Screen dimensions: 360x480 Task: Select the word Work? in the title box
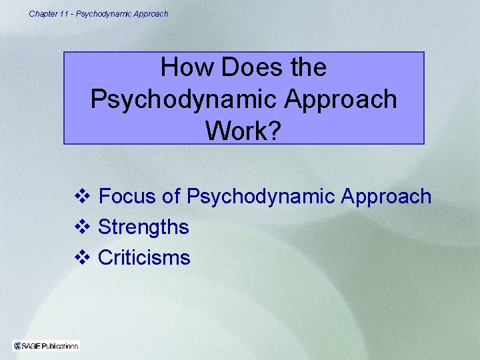(x=244, y=131)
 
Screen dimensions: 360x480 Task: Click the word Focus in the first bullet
(x=127, y=197)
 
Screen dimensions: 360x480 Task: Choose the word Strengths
(x=143, y=227)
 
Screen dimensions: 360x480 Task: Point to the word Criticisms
(x=144, y=258)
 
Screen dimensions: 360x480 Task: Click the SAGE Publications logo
(x=46, y=345)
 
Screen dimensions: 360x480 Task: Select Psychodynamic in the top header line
(x=105, y=13)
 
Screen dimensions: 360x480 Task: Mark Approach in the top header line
(x=152, y=13)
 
